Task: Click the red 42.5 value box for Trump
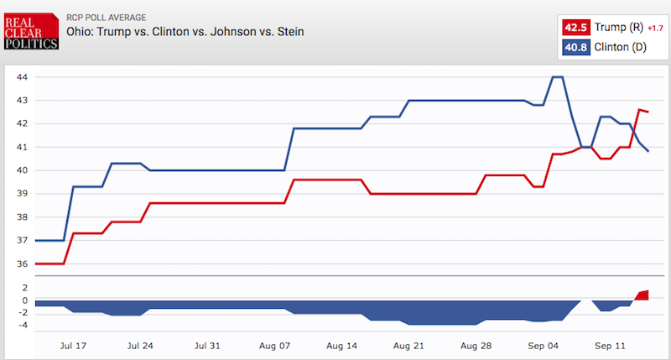[575, 28]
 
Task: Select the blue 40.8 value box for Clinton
[575, 47]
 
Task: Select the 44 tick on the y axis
[23, 77]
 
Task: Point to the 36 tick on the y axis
[23, 264]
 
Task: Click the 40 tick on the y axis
[23, 170]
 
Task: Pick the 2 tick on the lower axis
[26, 287]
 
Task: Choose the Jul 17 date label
[74, 345]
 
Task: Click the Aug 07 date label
[274, 345]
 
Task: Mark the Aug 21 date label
[408, 345]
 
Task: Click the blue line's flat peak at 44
[557, 77]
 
